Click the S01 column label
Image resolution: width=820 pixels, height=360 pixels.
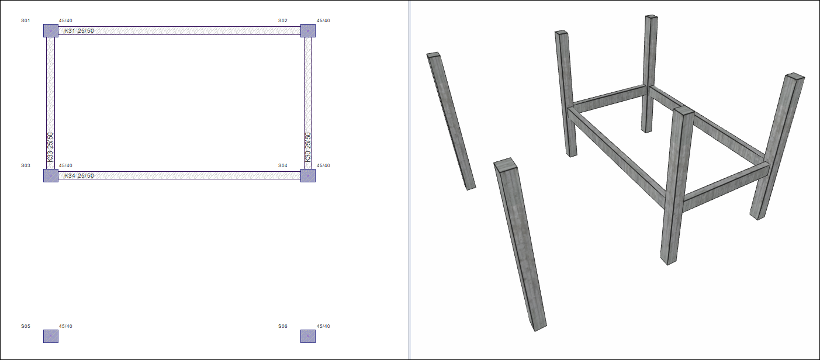tap(25, 20)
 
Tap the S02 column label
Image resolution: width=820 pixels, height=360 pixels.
tap(283, 20)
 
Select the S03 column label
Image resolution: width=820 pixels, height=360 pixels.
tap(25, 165)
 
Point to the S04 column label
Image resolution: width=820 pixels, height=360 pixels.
tap(283, 165)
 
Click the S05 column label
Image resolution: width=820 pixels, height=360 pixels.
tap(25, 326)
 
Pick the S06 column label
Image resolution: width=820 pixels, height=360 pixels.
tap(283, 326)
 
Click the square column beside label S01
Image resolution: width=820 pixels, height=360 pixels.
tap(51, 31)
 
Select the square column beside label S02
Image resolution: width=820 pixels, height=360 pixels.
tap(308, 31)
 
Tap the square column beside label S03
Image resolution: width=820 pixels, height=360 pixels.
tap(51, 175)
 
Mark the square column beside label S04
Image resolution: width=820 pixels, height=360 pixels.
tap(308, 175)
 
